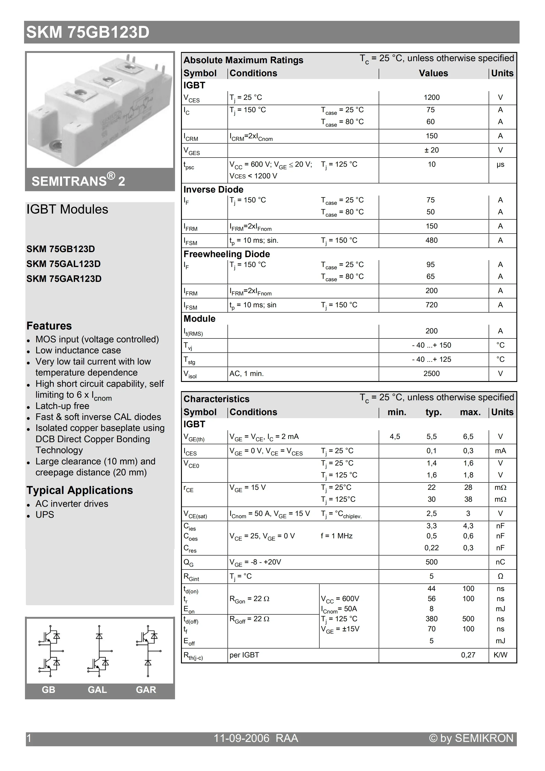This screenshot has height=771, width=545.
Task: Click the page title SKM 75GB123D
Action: tap(88, 33)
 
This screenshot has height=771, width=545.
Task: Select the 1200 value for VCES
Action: tap(431, 97)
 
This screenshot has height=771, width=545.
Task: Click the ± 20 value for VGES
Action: tap(431, 150)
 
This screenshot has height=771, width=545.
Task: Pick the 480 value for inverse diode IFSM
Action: tap(431, 240)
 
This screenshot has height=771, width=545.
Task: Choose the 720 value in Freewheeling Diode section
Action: tap(431, 305)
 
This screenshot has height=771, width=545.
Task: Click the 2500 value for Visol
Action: tap(431, 373)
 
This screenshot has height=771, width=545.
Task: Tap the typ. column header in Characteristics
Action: tap(433, 412)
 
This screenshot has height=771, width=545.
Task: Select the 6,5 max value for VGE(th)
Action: tap(468, 436)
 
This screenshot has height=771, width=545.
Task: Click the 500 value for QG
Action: tap(431, 562)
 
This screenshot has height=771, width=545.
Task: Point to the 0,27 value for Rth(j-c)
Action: tap(468, 655)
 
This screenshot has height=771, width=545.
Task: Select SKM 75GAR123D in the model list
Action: tap(64, 279)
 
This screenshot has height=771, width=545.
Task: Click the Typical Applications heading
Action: tap(80, 490)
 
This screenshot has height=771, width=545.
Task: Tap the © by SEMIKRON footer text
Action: tap(471, 738)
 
